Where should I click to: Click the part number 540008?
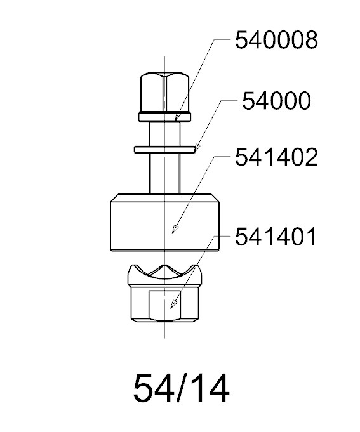276,40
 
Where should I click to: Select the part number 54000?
276,101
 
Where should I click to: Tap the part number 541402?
276,157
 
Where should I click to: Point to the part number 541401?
276,237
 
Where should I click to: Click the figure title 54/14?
181,388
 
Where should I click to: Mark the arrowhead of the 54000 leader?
196,147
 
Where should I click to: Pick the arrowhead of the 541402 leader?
175,228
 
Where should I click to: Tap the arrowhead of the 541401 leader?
173,304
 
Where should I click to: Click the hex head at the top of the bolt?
165,93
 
